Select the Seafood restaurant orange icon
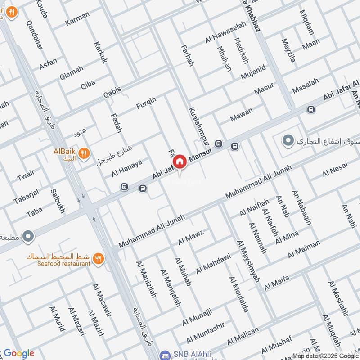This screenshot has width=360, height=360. tap(98, 258)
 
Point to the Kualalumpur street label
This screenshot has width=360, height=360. tap(199, 126)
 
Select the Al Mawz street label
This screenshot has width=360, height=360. tap(191, 238)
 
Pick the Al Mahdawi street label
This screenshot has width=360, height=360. tap(213, 264)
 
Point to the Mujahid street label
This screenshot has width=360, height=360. tap(253, 72)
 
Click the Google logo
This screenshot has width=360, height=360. tap(19, 353)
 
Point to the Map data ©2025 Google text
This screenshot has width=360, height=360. tap(325, 355)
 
